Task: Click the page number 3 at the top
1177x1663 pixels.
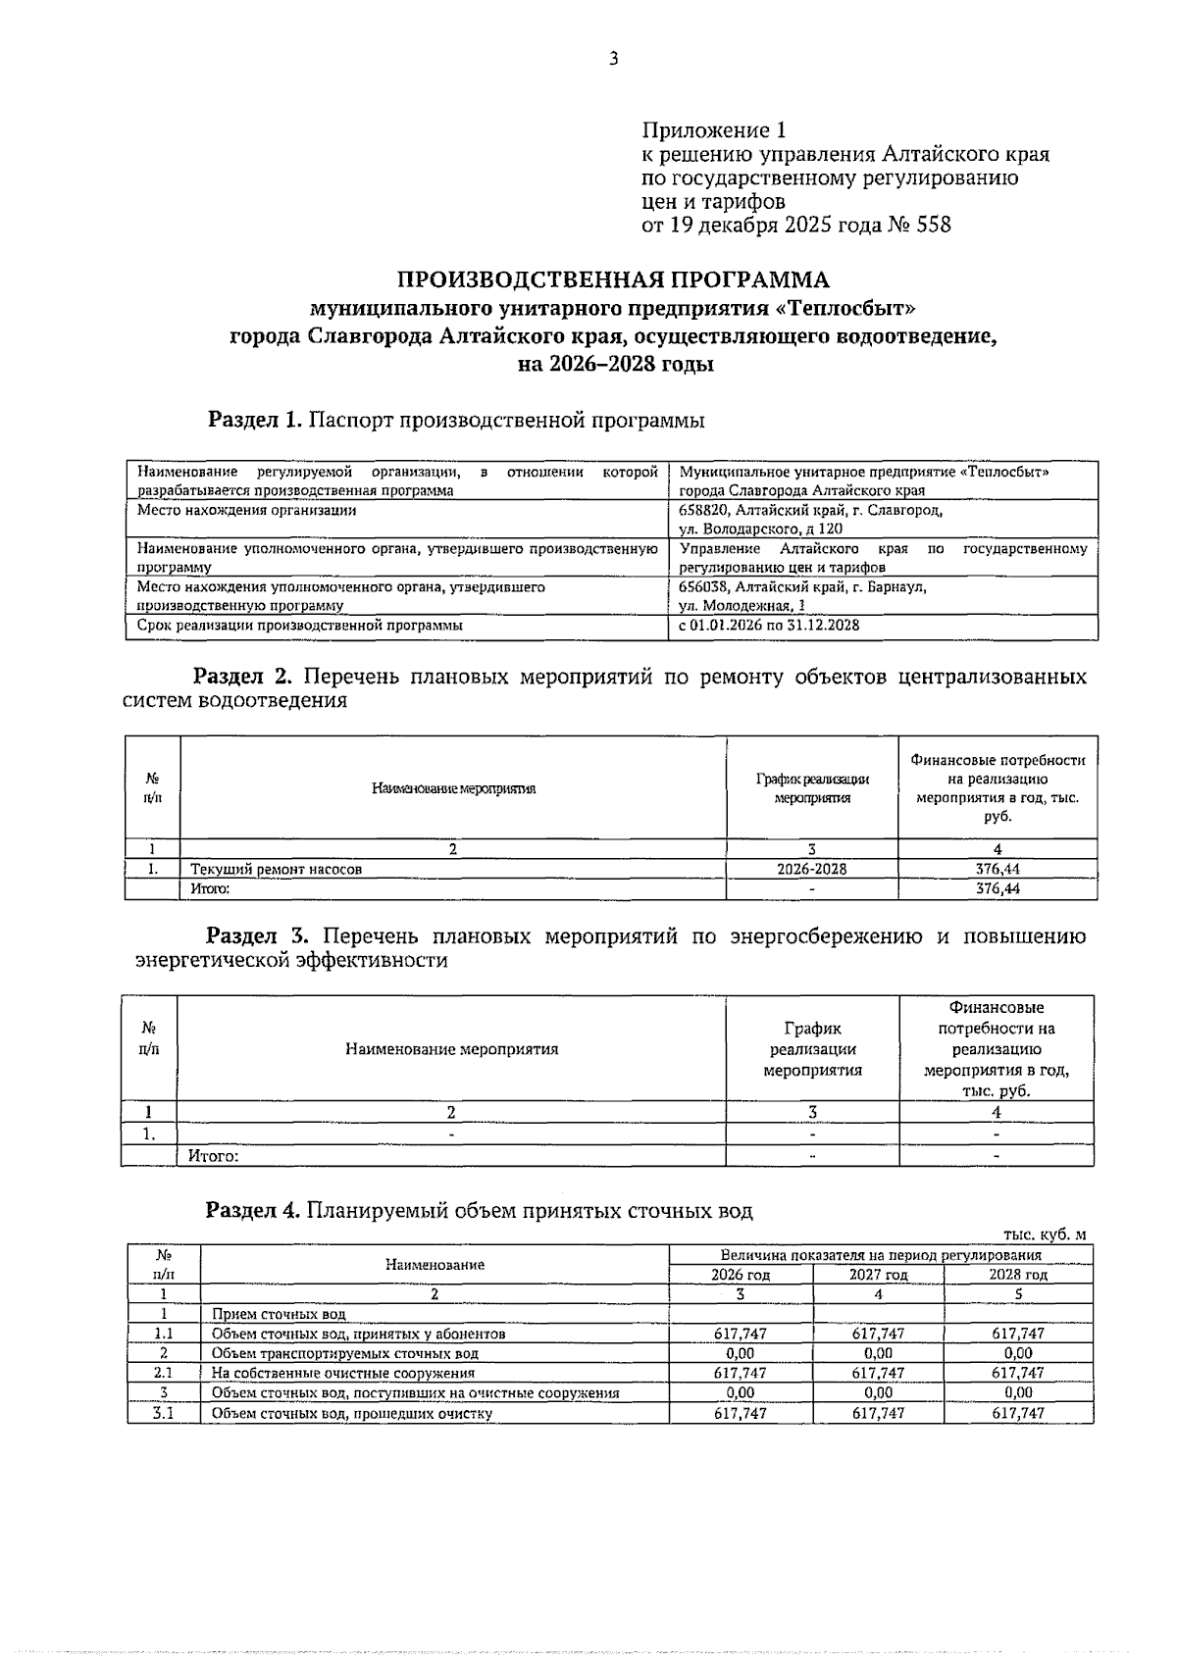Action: (x=613, y=59)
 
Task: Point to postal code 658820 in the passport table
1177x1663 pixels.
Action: (x=702, y=510)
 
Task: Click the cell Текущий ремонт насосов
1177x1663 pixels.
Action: (x=276, y=869)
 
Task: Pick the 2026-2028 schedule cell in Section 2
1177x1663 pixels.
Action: (x=811, y=869)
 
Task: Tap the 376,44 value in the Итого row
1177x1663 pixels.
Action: (x=997, y=888)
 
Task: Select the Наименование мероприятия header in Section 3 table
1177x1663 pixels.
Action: (x=451, y=1049)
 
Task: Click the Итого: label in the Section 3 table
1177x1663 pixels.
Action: (x=214, y=1156)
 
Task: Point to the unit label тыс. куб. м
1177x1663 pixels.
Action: (x=1045, y=1235)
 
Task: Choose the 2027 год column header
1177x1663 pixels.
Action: (x=878, y=1275)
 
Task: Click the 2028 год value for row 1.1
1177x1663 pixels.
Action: (x=1018, y=1334)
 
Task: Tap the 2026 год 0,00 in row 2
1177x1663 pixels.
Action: (x=740, y=1353)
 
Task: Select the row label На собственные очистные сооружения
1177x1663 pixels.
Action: (x=343, y=1373)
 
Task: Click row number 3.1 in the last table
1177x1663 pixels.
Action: (x=163, y=1413)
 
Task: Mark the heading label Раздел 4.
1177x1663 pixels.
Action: (x=252, y=1211)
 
